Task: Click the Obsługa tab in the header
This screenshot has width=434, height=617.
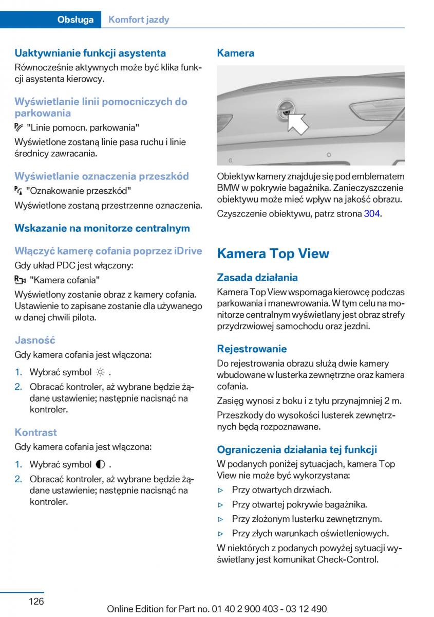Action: tap(76, 20)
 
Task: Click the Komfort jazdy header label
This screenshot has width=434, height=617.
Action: tap(139, 20)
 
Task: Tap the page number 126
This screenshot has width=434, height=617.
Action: tap(36, 601)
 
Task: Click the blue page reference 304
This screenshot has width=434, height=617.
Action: tap(372, 213)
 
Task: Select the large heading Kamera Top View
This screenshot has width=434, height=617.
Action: tap(273, 253)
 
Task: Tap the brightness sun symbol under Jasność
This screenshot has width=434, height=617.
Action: tap(100, 372)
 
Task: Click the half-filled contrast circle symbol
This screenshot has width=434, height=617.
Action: tap(100, 464)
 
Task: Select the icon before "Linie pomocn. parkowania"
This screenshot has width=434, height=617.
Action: tap(19, 127)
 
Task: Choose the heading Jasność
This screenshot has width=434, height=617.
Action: tap(35, 340)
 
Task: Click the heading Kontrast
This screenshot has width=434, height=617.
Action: tap(35, 432)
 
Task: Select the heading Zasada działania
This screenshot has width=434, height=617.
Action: tap(257, 277)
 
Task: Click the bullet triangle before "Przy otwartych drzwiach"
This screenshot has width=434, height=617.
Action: tap(221, 490)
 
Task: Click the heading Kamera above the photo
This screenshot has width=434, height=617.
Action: tap(235, 52)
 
